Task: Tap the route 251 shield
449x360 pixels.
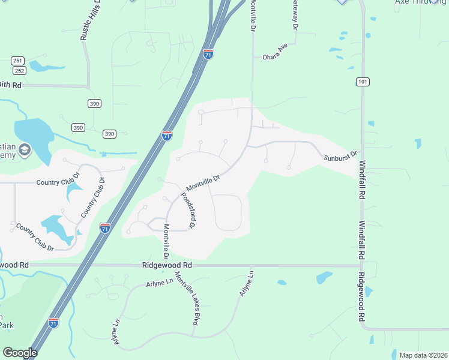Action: click(x=17, y=61)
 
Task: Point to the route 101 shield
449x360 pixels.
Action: click(x=363, y=82)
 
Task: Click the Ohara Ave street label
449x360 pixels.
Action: click(x=276, y=54)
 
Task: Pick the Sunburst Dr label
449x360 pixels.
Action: click(x=341, y=157)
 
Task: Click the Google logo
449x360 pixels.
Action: click(x=19, y=353)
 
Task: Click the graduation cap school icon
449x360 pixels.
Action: click(x=25, y=149)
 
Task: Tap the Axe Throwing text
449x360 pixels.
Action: click(x=421, y=2)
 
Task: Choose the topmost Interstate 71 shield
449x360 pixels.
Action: click(x=208, y=53)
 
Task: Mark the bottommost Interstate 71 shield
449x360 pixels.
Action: click(x=54, y=323)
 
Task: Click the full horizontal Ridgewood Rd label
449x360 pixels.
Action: click(x=167, y=265)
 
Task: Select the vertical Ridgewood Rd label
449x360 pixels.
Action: click(x=362, y=298)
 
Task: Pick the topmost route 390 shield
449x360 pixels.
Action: click(x=94, y=103)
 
